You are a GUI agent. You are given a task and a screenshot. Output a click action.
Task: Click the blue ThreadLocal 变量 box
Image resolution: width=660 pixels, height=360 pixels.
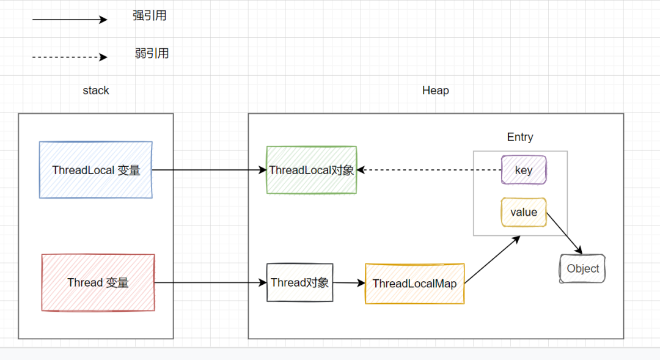[x=96, y=170]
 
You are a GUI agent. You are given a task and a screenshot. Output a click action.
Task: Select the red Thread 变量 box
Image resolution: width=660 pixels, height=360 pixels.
[x=98, y=283]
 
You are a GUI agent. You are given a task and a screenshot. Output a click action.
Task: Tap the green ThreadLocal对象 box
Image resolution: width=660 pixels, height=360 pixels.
[x=312, y=170]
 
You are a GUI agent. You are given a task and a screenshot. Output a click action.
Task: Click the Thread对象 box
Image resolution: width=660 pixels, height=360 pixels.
[x=299, y=282]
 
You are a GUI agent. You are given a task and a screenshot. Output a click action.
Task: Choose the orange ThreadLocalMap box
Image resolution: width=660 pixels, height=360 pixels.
[x=414, y=284]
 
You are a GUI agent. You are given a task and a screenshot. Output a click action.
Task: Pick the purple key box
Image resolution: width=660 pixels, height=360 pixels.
[x=524, y=170]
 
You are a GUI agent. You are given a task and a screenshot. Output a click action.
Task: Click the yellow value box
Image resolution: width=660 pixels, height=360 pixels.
[x=523, y=212]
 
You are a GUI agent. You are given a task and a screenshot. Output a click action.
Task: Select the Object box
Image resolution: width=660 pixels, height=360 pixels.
[x=582, y=269]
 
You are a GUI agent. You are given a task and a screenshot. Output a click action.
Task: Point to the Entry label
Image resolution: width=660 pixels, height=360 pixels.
[x=520, y=138]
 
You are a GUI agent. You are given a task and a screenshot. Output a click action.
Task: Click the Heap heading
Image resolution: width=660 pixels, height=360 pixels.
[x=436, y=90]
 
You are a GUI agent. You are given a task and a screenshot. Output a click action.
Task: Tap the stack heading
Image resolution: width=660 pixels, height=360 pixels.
[x=96, y=90]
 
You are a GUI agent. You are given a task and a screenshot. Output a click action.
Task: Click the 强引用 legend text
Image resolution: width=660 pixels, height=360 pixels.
[x=150, y=16]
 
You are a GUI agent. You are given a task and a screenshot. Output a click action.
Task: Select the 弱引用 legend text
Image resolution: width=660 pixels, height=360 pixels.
[x=152, y=54]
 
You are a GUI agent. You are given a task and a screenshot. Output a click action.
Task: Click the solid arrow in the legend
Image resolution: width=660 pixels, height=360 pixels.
[x=69, y=20]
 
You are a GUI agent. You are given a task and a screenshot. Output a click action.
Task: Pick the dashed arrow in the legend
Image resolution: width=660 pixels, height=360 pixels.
[x=69, y=57]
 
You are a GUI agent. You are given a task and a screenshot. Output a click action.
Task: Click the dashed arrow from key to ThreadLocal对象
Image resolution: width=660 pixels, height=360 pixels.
[x=428, y=170]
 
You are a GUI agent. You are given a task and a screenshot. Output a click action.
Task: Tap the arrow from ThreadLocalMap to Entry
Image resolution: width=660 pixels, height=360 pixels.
[x=492, y=260]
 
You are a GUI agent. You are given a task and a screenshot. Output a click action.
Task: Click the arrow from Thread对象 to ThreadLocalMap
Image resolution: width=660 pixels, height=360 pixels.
[x=349, y=283]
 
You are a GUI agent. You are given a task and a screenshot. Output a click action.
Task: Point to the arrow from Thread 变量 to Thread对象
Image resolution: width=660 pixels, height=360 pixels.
[x=210, y=283]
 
